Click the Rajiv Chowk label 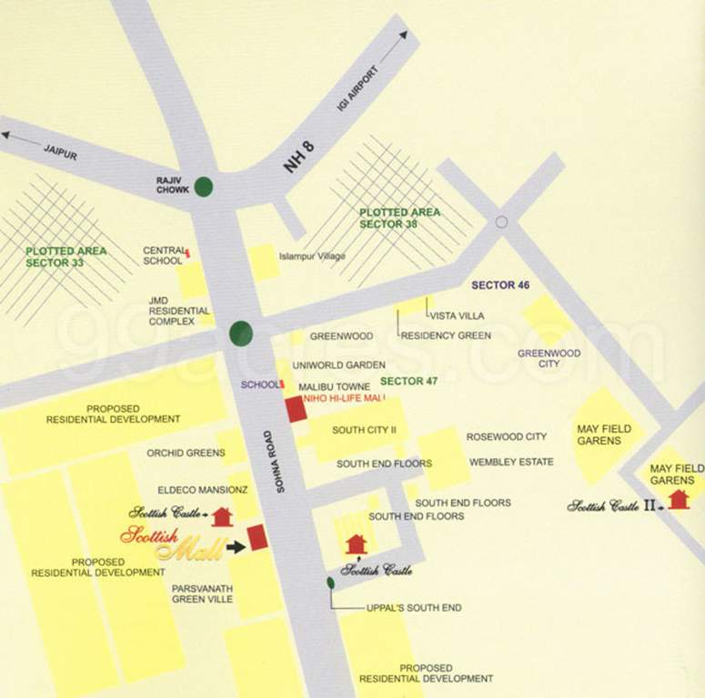[173, 184]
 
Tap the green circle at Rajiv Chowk [205, 186]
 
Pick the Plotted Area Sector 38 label [399, 218]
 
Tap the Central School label [163, 255]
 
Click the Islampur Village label [312, 256]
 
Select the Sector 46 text [500, 285]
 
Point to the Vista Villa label [457, 315]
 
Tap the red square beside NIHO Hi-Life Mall [296, 409]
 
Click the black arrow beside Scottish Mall [236, 546]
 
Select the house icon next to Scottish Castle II [678, 499]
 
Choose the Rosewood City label [507, 437]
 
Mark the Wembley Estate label [511, 462]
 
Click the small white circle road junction [501, 222]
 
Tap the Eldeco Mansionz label [188, 489]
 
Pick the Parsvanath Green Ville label [202, 593]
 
